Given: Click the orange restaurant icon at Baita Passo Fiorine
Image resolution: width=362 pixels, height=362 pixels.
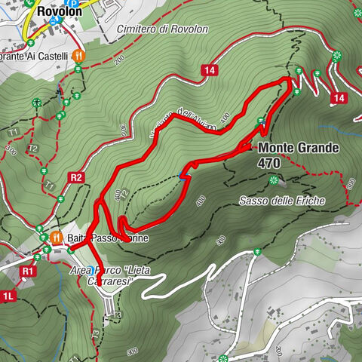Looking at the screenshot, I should [x=57, y=237].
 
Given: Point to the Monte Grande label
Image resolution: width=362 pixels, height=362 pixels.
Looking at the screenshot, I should [x=298, y=148].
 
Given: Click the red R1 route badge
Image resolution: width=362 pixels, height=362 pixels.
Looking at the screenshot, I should [x=29, y=269].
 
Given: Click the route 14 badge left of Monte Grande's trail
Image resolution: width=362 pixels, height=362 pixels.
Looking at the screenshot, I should [x=209, y=69].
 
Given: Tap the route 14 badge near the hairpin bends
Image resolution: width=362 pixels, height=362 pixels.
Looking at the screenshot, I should [x=339, y=98].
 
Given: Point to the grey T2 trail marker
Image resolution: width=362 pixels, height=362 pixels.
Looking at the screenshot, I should [x=32, y=148].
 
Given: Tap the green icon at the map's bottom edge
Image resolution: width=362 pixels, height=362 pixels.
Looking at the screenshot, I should [x=223, y=357].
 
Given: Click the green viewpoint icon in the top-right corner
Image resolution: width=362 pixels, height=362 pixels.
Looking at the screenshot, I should [x=337, y=54].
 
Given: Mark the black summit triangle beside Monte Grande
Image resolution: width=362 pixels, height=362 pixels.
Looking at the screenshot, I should [x=250, y=149].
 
